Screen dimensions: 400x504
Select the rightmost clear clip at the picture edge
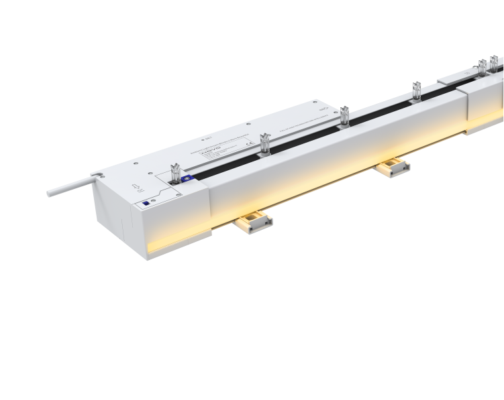click(x=495, y=64)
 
